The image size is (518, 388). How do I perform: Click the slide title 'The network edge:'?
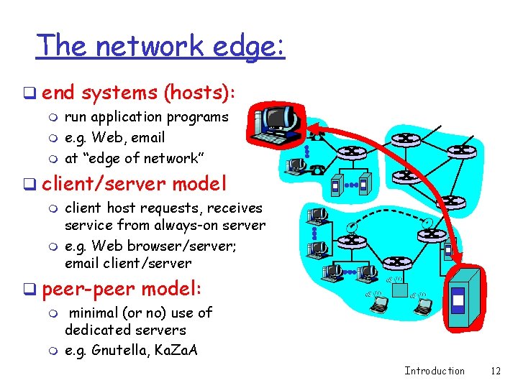161,46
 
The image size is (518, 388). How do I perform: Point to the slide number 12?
495,371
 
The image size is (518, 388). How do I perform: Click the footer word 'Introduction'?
435,371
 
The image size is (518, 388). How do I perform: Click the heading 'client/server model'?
135,183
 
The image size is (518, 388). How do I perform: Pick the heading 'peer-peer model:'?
122,289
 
